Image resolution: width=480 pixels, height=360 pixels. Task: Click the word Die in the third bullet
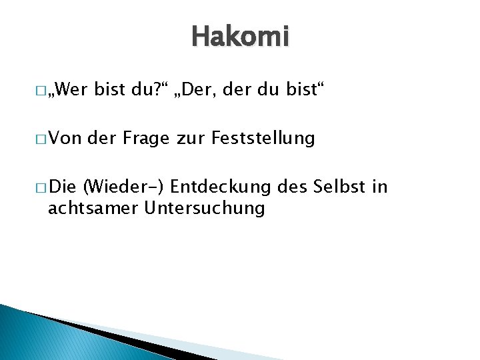[63, 186]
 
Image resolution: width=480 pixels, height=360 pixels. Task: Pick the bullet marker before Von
[42, 139]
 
